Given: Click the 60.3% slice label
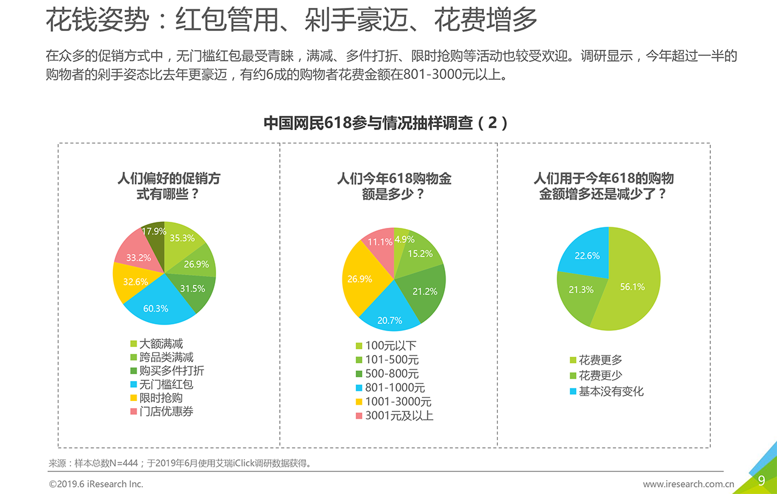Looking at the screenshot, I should coord(156,308).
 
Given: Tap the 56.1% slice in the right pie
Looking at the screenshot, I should coord(632,287).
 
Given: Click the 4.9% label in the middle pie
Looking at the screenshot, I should coord(404,239).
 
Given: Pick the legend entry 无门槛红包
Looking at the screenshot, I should coord(166,385).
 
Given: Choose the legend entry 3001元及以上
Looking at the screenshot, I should coord(399,416).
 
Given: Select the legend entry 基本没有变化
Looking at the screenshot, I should coord(611,391).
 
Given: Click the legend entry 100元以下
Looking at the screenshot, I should coord(390,346).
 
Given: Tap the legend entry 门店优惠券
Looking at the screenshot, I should coord(166,411).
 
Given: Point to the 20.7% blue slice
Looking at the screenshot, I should coord(390,320).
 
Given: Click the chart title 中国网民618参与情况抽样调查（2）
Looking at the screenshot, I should coord(385,123).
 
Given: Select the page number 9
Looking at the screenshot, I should coord(761,481).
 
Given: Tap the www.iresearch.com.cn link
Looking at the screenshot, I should coord(688,484).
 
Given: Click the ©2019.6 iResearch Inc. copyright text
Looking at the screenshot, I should coord(96,484).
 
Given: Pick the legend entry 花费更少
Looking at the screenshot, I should coord(600,376).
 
